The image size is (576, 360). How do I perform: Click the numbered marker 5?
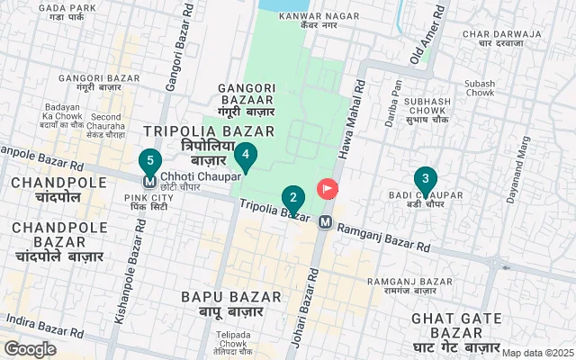(x=150, y=162)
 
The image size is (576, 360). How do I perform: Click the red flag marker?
(x=327, y=190)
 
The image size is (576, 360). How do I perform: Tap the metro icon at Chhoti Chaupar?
(x=150, y=177)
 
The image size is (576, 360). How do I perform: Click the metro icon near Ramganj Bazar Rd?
(x=325, y=221)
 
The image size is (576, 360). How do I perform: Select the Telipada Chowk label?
(x=233, y=338)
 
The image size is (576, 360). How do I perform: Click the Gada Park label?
(x=62, y=13)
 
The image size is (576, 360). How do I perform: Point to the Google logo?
(x=30, y=348)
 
